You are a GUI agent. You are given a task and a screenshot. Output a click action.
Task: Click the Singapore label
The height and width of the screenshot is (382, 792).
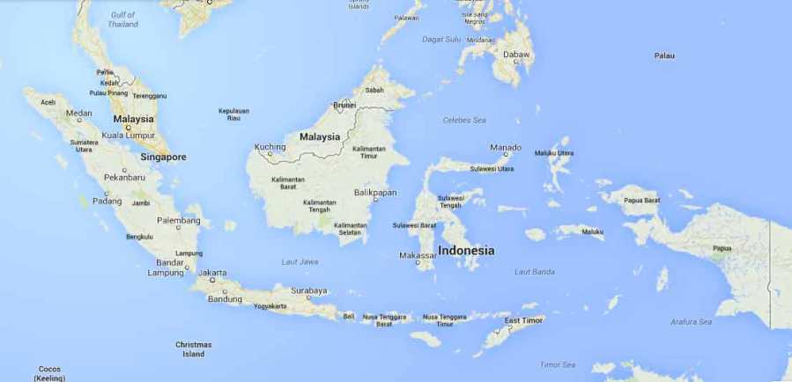click(163, 157)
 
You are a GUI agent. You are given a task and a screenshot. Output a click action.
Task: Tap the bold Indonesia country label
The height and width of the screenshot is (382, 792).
click(466, 250)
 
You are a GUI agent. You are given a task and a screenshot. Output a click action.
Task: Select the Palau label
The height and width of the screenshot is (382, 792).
click(663, 55)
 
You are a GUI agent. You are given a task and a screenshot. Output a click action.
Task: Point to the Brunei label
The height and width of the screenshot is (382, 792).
click(344, 106)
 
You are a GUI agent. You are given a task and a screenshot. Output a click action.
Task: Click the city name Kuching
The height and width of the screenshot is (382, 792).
click(270, 147)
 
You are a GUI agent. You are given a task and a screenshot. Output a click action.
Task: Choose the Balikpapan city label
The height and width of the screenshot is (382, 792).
click(375, 192)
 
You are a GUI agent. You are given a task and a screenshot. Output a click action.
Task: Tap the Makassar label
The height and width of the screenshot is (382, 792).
click(417, 255)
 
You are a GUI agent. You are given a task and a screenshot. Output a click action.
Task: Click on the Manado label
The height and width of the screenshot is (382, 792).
click(506, 147)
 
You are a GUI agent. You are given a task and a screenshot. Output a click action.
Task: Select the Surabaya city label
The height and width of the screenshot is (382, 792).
click(309, 290)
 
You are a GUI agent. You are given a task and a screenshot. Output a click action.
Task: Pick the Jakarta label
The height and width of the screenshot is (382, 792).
click(212, 273)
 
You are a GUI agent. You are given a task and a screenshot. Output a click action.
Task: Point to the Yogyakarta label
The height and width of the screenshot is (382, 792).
click(270, 306)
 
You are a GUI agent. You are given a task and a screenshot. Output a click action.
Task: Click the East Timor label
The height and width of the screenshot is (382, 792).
click(524, 320)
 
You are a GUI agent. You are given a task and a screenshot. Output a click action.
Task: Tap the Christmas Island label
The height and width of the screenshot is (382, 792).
click(193, 349)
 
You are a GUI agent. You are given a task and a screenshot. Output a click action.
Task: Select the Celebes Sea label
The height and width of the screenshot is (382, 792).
click(464, 120)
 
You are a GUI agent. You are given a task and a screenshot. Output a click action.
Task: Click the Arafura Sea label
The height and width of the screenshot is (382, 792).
click(690, 322)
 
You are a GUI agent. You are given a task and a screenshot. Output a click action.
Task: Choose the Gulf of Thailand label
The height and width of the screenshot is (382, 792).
click(124, 19)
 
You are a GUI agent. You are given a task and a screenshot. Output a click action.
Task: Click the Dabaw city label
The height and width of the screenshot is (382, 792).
click(516, 55)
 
